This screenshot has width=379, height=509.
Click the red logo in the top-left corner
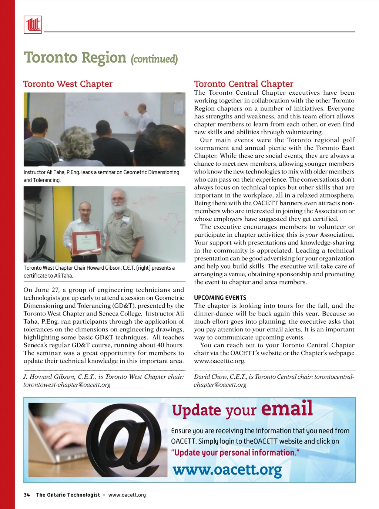33,25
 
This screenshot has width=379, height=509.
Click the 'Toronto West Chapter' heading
68,84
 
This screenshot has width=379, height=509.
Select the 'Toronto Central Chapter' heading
244,84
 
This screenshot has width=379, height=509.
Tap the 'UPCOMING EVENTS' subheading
220,298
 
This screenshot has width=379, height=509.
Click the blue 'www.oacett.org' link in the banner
227,470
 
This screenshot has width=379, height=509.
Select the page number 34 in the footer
27,495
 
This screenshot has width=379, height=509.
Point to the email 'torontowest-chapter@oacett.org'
67,385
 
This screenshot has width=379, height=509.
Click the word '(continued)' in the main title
154,59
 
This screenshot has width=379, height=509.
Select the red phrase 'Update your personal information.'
235,453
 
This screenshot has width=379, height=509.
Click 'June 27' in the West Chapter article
47,290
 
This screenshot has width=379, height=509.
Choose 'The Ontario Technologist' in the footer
68,495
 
